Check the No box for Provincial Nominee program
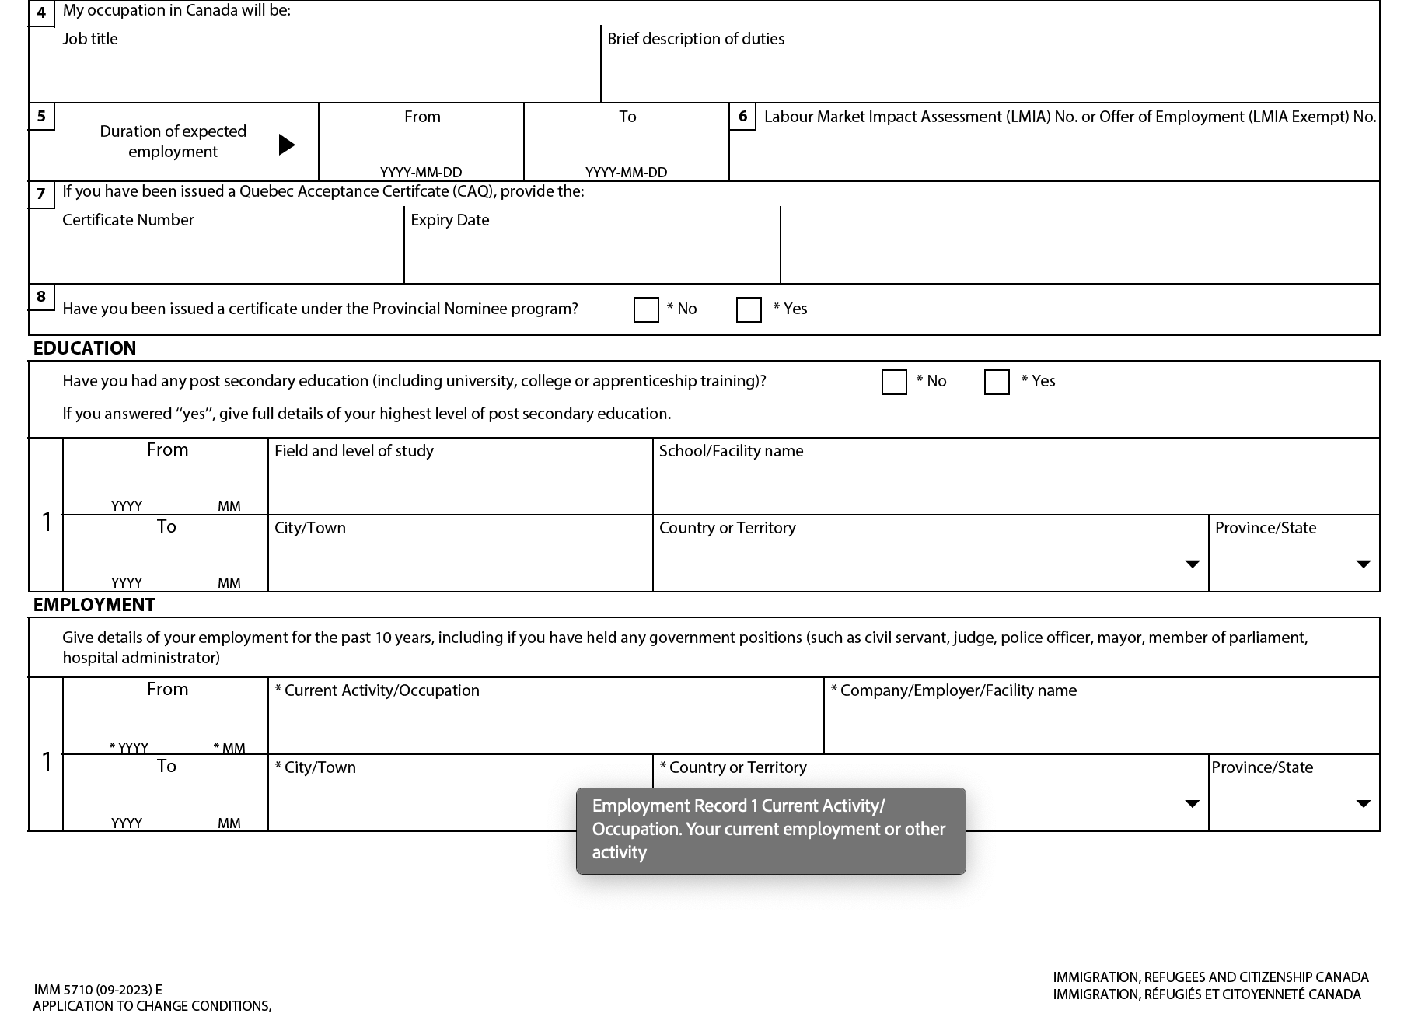646,309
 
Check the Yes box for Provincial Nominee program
749,309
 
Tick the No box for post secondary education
894,382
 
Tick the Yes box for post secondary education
997,382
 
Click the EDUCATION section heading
85,348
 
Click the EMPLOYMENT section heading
94,605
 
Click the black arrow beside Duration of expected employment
287,145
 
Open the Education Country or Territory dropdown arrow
1192,564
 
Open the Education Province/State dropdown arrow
1363,564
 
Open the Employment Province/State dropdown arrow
1363,803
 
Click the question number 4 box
41,13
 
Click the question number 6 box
742,117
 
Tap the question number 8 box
41,297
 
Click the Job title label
90,39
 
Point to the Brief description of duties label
696,39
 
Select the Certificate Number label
128,220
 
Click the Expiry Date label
450,220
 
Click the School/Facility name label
731,451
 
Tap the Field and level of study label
354,451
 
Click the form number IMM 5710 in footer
98,990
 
